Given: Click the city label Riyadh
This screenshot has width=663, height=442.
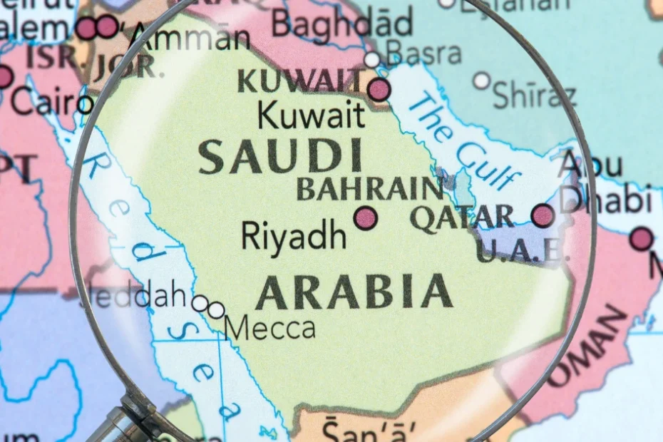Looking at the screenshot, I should click(x=294, y=235).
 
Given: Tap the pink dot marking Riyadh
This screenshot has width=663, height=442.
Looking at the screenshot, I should click(x=366, y=217).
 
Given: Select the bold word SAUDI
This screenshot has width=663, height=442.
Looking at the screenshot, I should click(x=279, y=158).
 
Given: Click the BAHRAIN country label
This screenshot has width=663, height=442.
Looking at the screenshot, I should click(x=369, y=190).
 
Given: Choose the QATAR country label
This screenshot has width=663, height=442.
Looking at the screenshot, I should click(x=461, y=217).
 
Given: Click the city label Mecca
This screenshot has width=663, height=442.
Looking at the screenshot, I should click(x=270, y=328).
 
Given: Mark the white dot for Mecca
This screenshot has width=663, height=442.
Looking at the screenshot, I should click(x=215, y=310).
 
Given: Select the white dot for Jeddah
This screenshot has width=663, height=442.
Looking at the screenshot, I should click(x=200, y=304).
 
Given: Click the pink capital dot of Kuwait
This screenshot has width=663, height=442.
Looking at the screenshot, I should click(x=379, y=90).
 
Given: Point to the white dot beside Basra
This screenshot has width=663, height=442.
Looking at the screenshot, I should click(x=372, y=59).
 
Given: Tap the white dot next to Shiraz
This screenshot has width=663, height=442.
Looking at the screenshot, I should click(x=482, y=81).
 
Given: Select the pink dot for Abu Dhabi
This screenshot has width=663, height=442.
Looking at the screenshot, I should click(x=543, y=215).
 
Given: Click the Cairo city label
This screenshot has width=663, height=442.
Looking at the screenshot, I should click(x=43, y=104).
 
